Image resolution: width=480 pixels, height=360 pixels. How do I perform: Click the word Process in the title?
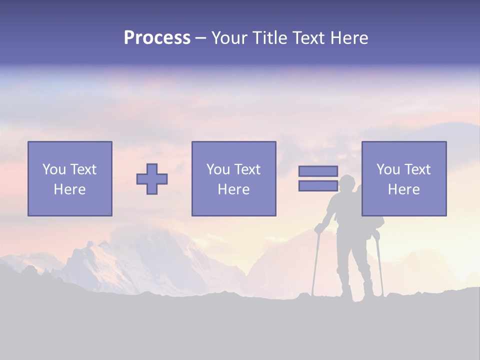157,38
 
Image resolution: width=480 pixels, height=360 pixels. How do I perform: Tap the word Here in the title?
348,38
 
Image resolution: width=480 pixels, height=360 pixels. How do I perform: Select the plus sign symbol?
152,179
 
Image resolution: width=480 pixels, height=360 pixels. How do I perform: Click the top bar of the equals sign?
318,171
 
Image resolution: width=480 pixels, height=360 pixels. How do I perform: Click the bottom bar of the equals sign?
318,186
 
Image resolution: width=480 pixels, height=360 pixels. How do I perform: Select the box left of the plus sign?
70,178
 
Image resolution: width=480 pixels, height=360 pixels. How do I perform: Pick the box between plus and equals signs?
233,178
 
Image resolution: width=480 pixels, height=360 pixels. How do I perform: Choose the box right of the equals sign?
404,178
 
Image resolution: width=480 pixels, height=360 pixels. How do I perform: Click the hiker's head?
346,183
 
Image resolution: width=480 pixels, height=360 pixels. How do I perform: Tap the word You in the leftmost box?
53,169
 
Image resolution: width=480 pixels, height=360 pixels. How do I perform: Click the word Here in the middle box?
233,189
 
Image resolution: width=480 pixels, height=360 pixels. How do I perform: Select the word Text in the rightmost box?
417,169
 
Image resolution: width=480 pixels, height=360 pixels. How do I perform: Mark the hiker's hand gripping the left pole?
318,228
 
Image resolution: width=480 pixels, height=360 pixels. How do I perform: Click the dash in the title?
201,38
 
